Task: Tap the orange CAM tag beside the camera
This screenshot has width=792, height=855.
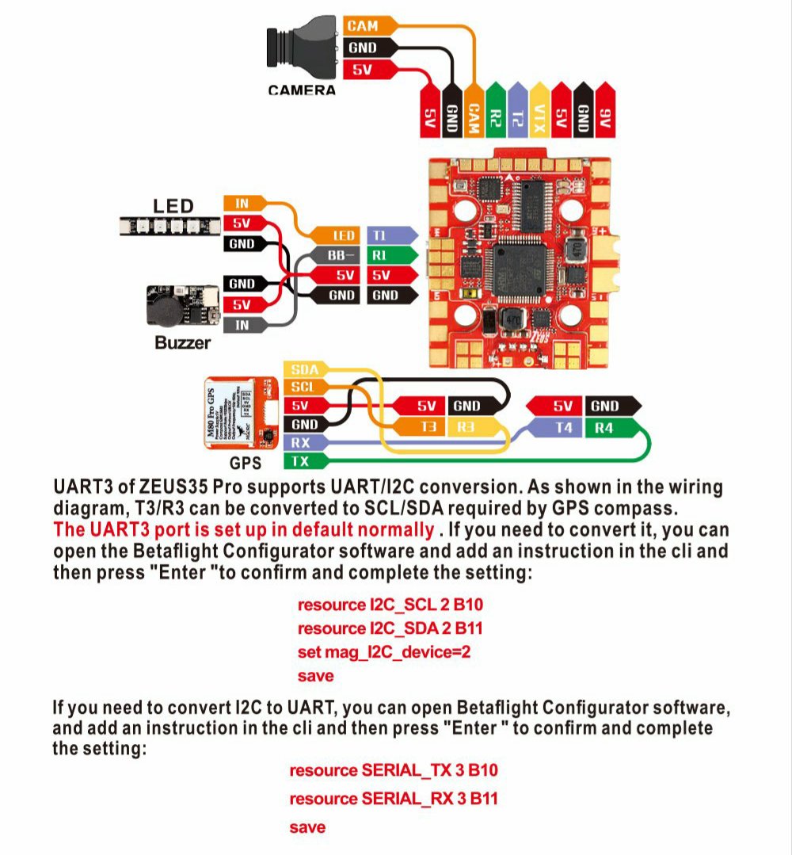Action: pyautogui.click(x=362, y=26)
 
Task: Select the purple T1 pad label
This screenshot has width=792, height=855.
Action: pyautogui.click(x=389, y=235)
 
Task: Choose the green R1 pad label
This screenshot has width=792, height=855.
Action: pyautogui.click(x=389, y=256)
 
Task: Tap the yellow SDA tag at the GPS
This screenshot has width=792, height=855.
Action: pyautogui.click(x=303, y=369)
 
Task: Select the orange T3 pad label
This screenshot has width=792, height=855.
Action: pyautogui.click(x=427, y=428)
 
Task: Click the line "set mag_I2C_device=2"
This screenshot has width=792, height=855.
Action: pyautogui.click(x=385, y=652)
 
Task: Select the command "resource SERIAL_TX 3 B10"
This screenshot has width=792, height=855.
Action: pyautogui.click(x=393, y=769)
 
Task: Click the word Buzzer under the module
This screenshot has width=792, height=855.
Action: pyautogui.click(x=182, y=343)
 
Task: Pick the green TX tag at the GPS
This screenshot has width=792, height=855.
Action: pyautogui.click(x=302, y=461)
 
